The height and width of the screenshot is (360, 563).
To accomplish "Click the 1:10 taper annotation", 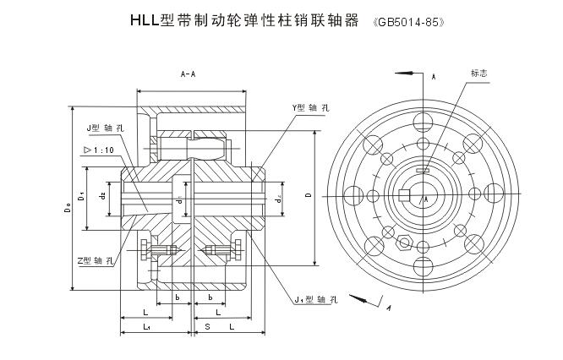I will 99,150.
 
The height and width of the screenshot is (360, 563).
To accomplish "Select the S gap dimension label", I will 197,326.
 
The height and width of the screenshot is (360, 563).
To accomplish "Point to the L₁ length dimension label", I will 146,326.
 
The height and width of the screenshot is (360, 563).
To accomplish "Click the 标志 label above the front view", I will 478,74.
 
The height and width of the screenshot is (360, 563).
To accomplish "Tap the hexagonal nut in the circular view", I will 404,244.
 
